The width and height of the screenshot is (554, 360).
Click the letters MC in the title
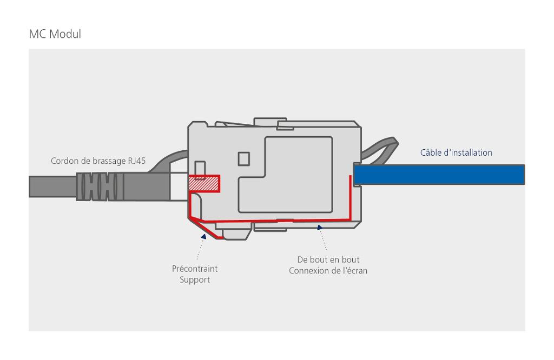[x=37, y=35]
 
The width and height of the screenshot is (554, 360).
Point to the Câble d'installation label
[x=456, y=152]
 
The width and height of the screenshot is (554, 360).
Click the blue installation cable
[x=438, y=175]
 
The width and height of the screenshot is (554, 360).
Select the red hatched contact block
[x=203, y=184]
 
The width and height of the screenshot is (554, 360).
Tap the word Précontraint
[x=195, y=269]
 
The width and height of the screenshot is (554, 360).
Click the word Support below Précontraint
[x=195, y=280]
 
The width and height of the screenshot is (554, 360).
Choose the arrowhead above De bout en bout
[x=320, y=228]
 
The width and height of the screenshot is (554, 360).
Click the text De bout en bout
[x=328, y=259]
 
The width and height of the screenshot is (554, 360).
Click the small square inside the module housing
[x=244, y=159]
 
